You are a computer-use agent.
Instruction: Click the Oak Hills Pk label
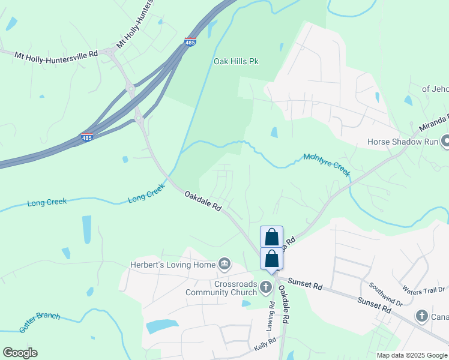(x=236, y=61)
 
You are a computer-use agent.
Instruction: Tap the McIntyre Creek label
(x=327, y=164)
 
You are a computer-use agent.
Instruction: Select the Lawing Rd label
(x=272, y=313)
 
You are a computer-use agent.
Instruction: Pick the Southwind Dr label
(x=385, y=295)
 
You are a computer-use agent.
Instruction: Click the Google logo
(x=20, y=353)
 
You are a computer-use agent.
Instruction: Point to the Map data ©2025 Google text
(x=411, y=355)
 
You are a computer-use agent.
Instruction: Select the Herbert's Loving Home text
(x=173, y=265)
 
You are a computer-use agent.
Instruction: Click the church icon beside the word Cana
(x=422, y=316)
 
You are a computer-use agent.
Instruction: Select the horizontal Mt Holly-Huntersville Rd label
(x=56, y=54)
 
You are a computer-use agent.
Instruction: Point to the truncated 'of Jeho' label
(x=435, y=89)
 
